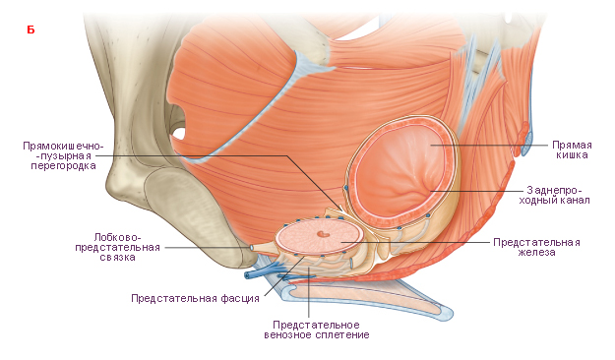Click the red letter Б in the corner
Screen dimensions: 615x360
(31, 30)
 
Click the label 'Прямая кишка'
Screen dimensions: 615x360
(572, 150)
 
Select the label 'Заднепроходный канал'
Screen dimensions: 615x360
(554, 196)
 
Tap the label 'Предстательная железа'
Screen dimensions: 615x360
(536, 247)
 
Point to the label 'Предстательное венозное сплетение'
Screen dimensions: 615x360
(317, 330)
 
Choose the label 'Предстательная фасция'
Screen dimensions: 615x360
(196, 298)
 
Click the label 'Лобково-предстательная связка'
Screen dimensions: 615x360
(118, 248)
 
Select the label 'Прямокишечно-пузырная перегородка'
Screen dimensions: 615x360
(63, 155)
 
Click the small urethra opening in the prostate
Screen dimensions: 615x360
(323, 234)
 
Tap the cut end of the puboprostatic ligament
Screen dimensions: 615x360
(251, 248)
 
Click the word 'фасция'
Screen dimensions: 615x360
(240, 298)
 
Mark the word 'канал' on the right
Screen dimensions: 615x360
(575, 201)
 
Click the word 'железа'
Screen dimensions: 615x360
(536, 253)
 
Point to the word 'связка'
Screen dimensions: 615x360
(118, 258)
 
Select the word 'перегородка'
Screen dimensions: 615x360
(64, 166)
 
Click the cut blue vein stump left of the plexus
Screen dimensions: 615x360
(248, 275)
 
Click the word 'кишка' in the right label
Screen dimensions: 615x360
(572, 155)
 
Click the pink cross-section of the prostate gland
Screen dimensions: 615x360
(319, 237)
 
